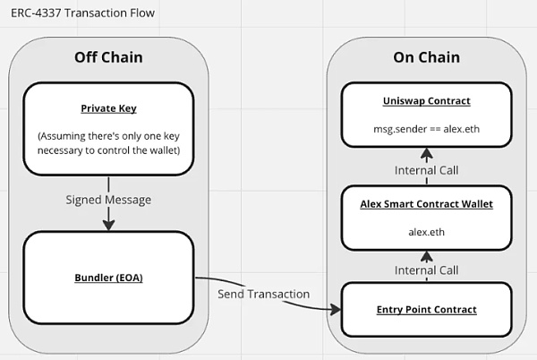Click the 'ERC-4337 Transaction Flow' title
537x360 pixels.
click(x=83, y=13)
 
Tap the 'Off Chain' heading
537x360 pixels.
click(x=108, y=57)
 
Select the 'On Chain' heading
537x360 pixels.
click(x=426, y=57)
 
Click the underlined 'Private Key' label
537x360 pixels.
click(x=108, y=108)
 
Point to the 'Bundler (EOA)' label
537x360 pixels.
click(x=108, y=278)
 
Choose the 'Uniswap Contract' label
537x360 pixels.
click(x=426, y=100)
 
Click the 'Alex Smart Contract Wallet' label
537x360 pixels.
click(x=426, y=204)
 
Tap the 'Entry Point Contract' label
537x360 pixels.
click(x=426, y=309)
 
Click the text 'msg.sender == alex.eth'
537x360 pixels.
click(x=426, y=129)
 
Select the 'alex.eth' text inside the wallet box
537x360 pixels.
click(x=426, y=232)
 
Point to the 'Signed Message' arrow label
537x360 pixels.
click(x=108, y=200)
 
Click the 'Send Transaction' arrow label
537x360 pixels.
click(x=264, y=294)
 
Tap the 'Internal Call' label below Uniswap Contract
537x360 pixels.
click(x=426, y=170)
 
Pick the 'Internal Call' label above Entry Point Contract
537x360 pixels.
click(x=426, y=270)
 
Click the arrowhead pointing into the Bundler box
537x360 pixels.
click(x=108, y=225)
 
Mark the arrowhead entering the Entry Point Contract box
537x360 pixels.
click(x=336, y=310)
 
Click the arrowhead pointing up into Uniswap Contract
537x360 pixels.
click(x=426, y=153)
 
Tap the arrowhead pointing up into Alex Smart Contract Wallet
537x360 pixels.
click(x=426, y=256)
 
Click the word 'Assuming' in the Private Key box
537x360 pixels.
click(x=62, y=136)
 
